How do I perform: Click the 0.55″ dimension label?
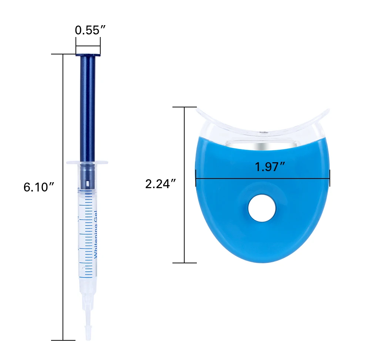pyautogui.click(x=90, y=30)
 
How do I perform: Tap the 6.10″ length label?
pyautogui.click(x=39, y=187)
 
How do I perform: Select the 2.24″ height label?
pyautogui.click(x=161, y=184)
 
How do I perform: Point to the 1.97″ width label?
pyautogui.click(x=270, y=167)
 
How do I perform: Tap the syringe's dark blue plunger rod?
pyautogui.click(x=88, y=109)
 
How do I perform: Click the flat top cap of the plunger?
pyautogui.click(x=88, y=55)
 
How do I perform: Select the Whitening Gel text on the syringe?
pyautogui.click(x=95, y=234)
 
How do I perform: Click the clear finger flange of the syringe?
pyautogui.click(x=87, y=163)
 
